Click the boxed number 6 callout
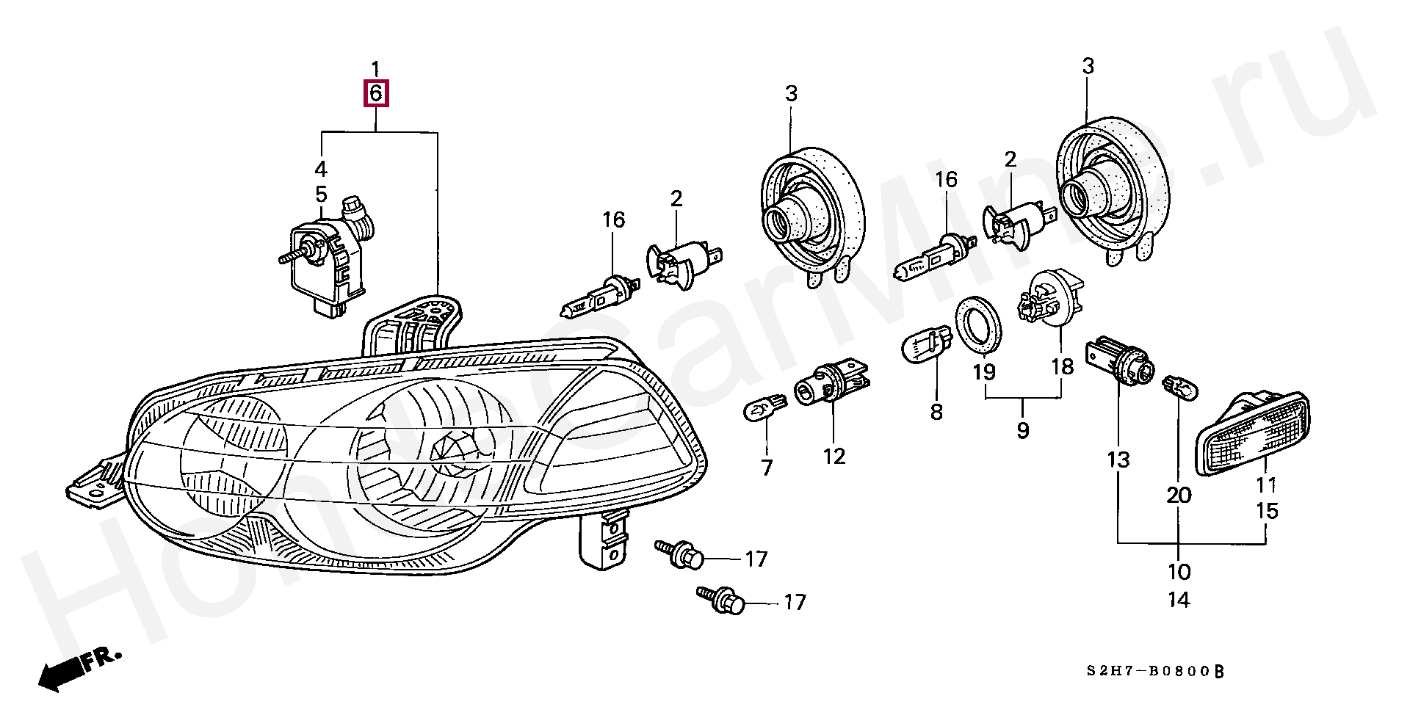coord(375,94)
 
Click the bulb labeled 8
coord(927,345)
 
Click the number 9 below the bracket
coord(1023,430)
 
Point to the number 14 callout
coord(1178,600)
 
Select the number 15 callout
coord(1267,511)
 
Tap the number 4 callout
coord(321,169)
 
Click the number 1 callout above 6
coord(375,70)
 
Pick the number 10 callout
coord(1178,571)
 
